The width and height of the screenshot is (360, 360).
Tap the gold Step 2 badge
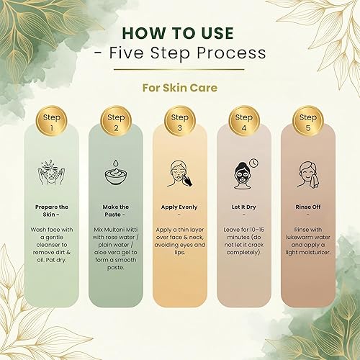115,122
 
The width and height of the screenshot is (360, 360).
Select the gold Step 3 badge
180,122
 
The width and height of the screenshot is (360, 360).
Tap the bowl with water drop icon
115,175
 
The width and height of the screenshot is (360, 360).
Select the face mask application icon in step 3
180,175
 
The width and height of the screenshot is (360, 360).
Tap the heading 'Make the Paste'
115,210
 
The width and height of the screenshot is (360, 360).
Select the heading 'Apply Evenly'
180,205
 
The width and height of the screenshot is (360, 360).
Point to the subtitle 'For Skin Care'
180,86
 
